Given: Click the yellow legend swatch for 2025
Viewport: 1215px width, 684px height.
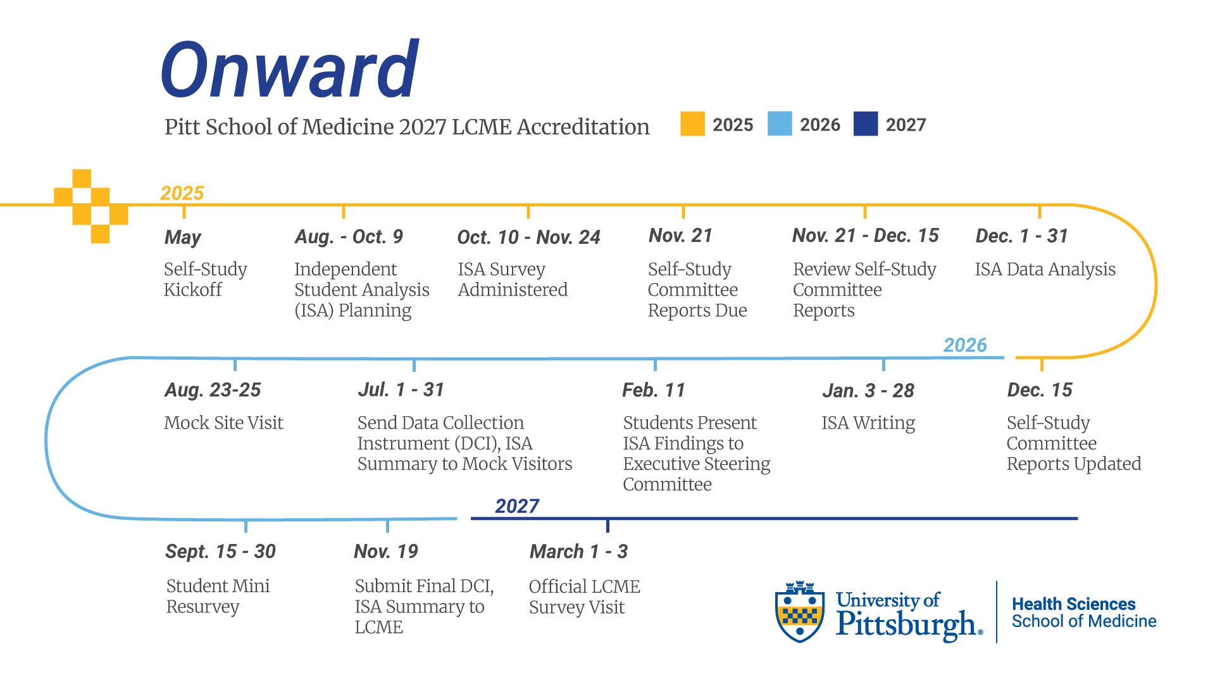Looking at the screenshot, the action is (692, 124).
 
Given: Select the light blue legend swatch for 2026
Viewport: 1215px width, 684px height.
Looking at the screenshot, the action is (780, 124).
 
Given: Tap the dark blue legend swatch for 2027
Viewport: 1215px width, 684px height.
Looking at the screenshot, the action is (866, 124).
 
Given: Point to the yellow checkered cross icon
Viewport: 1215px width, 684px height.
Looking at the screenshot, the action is (91, 206).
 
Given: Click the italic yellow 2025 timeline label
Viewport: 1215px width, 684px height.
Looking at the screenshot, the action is (182, 193).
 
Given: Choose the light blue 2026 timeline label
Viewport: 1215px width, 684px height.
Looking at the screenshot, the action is (965, 345).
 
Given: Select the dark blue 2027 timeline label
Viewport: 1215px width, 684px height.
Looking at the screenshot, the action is (517, 506).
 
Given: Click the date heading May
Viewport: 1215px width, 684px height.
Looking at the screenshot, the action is (183, 237).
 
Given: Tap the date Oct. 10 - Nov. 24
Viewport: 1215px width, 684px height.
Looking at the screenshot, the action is (528, 237).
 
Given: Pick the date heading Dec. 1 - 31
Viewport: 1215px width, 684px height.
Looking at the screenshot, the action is (1022, 236).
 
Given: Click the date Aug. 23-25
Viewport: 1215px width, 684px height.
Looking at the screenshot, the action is (213, 390).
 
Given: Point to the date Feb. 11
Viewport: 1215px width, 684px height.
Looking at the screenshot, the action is (654, 390).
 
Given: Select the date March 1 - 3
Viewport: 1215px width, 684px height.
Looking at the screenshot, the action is (579, 552).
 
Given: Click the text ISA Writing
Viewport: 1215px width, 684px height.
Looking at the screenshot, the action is (868, 423).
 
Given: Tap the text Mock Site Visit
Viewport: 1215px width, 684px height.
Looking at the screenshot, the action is (223, 422).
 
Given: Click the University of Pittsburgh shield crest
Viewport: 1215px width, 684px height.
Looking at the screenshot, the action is (800, 612).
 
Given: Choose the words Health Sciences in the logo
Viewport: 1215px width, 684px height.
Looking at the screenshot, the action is (1074, 604).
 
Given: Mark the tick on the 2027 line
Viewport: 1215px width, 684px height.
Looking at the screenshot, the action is (607, 526).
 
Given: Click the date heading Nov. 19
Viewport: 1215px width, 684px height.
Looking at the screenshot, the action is (386, 552).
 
